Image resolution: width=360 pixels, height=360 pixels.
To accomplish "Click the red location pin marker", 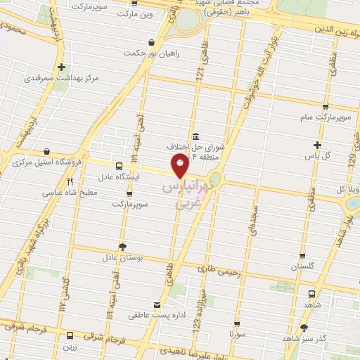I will point(180,166).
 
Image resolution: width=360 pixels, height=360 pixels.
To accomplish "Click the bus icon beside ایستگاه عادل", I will point(118,167).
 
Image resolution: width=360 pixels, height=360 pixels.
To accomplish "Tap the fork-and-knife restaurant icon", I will point(70,181).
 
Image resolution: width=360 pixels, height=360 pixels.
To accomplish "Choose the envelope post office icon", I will point(157,305).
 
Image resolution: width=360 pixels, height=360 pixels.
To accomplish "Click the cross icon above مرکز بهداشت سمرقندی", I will point(63,67).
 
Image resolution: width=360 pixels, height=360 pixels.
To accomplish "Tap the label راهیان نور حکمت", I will point(151,53).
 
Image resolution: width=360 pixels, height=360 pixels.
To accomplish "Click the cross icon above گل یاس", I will point(318,145).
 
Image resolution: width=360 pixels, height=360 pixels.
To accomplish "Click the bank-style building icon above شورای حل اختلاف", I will point(195,136).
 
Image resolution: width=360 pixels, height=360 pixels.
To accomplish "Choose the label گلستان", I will point(303,267).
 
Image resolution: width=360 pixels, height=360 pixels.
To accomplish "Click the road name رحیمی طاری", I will point(216,268).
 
